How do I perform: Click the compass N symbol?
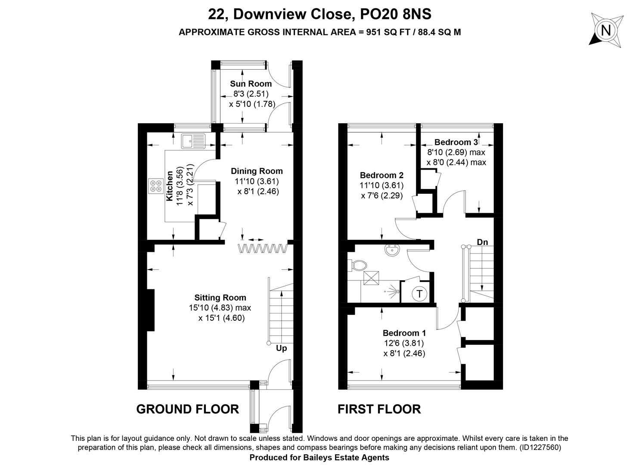(x=606, y=30)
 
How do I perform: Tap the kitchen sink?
(x=193, y=141)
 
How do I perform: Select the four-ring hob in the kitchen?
(x=156, y=186)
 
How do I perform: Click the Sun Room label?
(x=251, y=84)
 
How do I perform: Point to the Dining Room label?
(x=257, y=171)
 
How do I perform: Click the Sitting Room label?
(x=220, y=298)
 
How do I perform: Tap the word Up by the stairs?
(x=281, y=349)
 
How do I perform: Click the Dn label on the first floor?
(x=482, y=242)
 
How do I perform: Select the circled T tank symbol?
(x=419, y=294)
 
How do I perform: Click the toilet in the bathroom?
(x=357, y=265)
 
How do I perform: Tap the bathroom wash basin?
(x=393, y=251)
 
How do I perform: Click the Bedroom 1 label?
(x=404, y=333)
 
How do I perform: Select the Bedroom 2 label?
(x=382, y=175)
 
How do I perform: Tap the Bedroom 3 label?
(x=456, y=142)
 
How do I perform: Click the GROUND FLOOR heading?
(x=188, y=409)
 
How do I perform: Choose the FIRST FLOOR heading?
(x=379, y=409)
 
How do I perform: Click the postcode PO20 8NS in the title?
(x=396, y=14)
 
